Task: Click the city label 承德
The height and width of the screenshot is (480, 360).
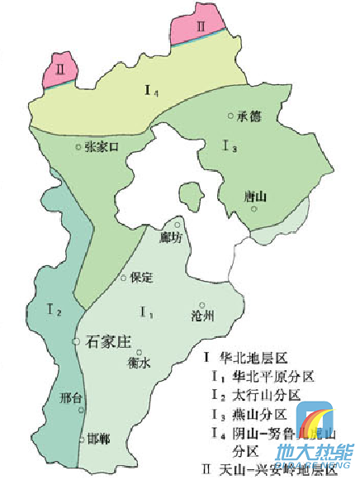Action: tap(249, 116)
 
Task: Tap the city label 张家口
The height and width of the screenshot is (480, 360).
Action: tap(102, 146)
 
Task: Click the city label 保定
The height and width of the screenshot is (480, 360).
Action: tap(142, 278)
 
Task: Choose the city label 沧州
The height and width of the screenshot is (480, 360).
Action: tap(202, 316)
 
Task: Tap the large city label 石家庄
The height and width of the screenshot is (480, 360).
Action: tap(109, 340)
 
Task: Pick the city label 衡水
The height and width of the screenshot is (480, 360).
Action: tap(140, 363)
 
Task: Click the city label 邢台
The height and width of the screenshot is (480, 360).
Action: tap(72, 398)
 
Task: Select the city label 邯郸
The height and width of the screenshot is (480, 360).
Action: tap(98, 439)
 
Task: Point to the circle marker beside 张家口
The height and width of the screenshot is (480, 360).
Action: tap(79, 146)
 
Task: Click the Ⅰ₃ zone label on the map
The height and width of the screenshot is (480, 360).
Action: tap(230, 146)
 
